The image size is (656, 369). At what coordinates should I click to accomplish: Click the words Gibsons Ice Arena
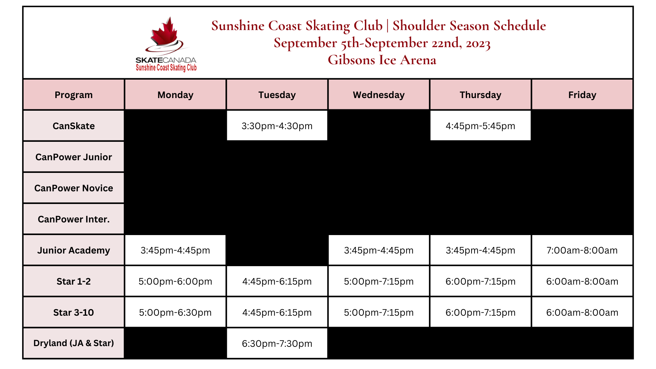click(x=382, y=60)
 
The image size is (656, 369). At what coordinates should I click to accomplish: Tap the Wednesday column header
click(x=379, y=95)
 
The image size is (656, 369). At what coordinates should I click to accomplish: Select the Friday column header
click(x=582, y=95)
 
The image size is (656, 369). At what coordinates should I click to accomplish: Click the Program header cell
click(x=73, y=95)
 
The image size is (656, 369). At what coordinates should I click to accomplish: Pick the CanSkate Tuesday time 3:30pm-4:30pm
click(x=277, y=126)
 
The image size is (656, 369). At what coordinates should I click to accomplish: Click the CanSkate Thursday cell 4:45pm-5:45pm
click(x=480, y=126)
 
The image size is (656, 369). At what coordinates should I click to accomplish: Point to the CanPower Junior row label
click(x=73, y=157)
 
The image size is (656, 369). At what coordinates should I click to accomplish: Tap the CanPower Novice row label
click(x=73, y=188)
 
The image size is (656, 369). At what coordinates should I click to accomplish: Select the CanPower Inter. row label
click(x=73, y=219)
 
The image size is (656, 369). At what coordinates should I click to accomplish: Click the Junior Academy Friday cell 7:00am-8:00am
click(x=582, y=250)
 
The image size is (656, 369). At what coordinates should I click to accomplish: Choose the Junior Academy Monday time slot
click(x=175, y=250)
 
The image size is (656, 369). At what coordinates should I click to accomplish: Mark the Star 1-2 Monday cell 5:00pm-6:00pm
click(x=175, y=282)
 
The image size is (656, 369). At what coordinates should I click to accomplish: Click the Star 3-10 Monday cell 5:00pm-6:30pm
click(x=175, y=313)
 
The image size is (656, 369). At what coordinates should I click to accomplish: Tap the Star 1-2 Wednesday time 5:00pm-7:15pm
click(x=379, y=282)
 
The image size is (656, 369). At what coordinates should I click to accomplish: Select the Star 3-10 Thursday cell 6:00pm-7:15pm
click(x=480, y=313)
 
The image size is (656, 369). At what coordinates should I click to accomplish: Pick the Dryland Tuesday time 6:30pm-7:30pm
click(x=277, y=344)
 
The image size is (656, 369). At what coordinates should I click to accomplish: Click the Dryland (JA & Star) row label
click(x=73, y=343)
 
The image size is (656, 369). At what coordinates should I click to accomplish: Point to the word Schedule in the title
click(x=520, y=26)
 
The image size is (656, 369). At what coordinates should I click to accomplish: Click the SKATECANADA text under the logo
click(x=166, y=60)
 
